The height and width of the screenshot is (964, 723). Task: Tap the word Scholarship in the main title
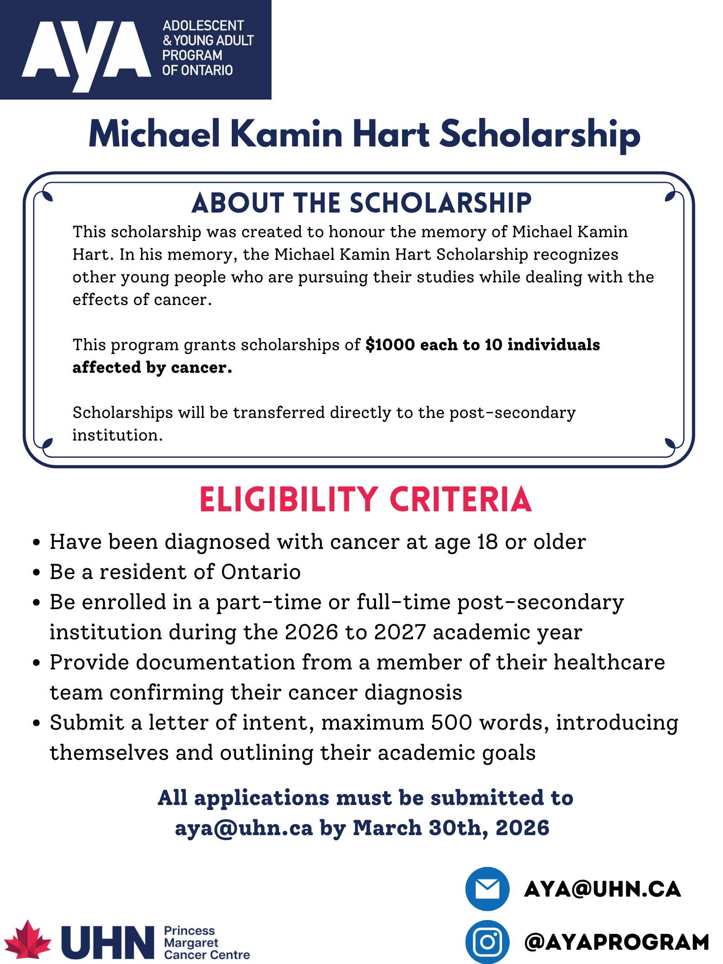[x=539, y=135]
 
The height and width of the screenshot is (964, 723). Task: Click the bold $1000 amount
[x=390, y=345]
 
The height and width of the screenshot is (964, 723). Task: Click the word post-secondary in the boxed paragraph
[x=512, y=412]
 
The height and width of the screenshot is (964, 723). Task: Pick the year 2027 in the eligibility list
[x=399, y=632]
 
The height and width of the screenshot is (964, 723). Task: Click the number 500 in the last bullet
[x=451, y=723]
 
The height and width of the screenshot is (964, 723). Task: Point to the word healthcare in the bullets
[x=609, y=662]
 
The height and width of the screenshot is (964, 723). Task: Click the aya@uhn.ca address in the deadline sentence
[x=244, y=828]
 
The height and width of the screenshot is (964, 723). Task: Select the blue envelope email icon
[x=487, y=889]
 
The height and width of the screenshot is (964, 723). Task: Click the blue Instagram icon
[x=487, y=942]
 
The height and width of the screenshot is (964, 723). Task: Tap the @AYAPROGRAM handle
[x=616, y=942]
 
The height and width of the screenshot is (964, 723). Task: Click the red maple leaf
[x=27, y=941]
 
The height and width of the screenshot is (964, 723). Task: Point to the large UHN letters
[x=108, y=943]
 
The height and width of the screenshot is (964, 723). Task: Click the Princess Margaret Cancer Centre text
[x=206, y=943]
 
